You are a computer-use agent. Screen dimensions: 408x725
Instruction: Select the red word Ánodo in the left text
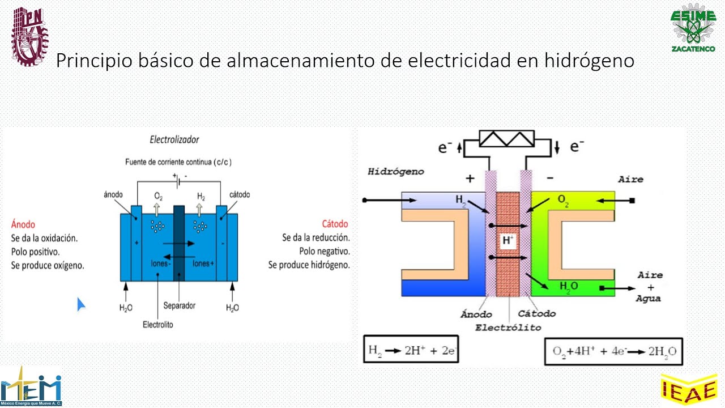(x=23, y=224)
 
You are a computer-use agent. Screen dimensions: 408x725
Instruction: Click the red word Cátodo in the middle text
(x=335, y=224)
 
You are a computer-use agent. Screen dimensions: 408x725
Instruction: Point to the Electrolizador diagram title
(x=174, y=139)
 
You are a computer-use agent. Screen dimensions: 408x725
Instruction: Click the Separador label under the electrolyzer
(x=179, y=306)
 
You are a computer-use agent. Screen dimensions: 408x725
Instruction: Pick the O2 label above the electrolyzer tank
(x=158, y=197)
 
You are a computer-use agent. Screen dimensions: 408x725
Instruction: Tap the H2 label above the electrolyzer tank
(x=201, y=197)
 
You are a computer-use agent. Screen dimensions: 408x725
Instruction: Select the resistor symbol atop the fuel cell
(x=507, y=139)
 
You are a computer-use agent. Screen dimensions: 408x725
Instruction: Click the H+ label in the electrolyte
(x=508, y=240)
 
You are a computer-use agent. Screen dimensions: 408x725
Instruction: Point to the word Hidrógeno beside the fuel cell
(x=395, y=171)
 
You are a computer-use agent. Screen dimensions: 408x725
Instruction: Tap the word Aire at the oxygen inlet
(x=631, y=179)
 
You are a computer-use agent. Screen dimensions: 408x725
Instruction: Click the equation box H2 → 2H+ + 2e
(x=411, y=351)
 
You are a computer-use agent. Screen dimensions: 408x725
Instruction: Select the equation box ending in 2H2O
(x=614, y=351)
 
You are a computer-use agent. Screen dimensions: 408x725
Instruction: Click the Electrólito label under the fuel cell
(x=508, y=328)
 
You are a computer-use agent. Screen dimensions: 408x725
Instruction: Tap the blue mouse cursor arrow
(x=81, y=304)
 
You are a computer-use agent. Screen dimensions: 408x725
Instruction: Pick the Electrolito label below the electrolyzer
(x=158, y=325)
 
